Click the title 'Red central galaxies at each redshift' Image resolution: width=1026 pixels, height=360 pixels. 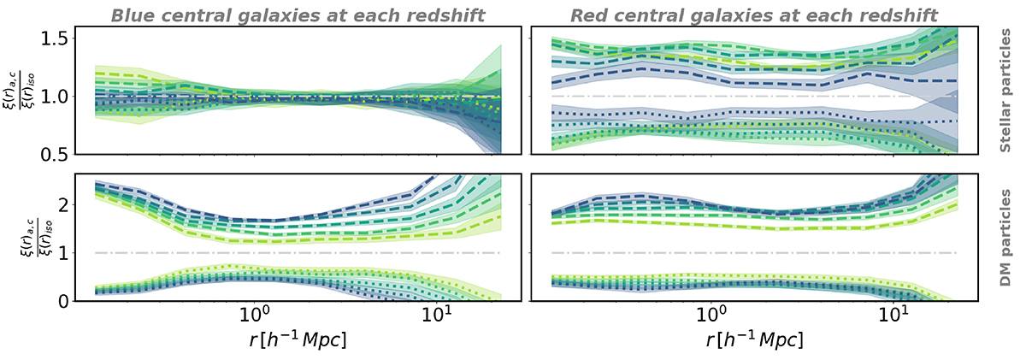pyautogui.click(x=743, y=13)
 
